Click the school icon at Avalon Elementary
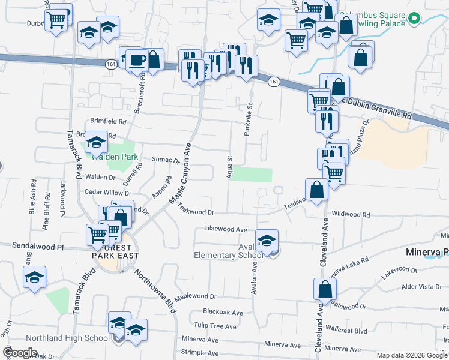(267, 240)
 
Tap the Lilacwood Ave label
(226, 229)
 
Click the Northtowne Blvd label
(154, 291)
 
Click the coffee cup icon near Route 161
(137, 61)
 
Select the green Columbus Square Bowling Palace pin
(413, 18)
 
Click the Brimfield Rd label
(108, 121)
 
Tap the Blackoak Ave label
(223, 313)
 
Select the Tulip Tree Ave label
(220, 326)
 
